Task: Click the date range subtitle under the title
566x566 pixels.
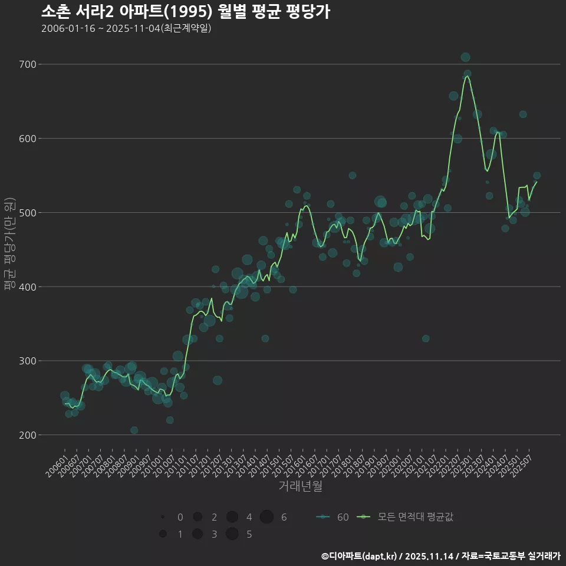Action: (126, 28)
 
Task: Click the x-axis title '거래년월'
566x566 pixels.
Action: (300, 486)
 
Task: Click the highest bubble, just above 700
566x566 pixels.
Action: (465, 57)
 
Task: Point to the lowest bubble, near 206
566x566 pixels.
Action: (134, 430)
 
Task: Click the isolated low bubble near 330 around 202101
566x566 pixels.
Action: (426, 338)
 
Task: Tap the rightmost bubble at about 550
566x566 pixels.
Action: (537, 176)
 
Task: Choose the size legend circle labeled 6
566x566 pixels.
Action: (266, 517)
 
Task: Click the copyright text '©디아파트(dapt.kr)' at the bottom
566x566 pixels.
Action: (360, 556)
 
